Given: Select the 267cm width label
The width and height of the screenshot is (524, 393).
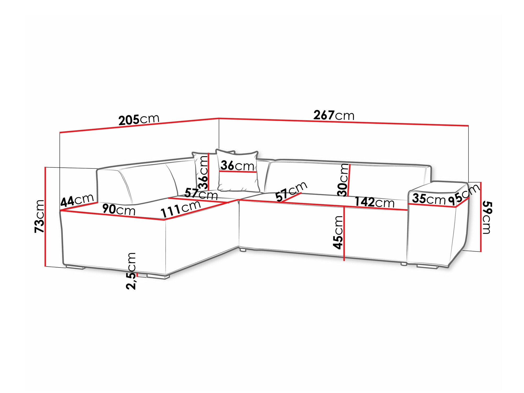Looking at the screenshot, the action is pyautogui.click(x=334, y=115).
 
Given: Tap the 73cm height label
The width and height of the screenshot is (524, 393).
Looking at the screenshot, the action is pyautogui.click(x=40, y=216).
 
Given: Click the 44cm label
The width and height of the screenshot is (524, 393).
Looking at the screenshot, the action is pyautogui.click(x=77, y=200).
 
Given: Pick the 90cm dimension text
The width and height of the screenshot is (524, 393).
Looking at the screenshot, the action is pyautogui.click(x=119, y=209).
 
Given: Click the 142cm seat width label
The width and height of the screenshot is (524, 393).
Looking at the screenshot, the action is pyautogui.click(x=374, y=202).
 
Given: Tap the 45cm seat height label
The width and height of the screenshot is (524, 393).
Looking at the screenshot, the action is pyautogui.click(x=338, y=232).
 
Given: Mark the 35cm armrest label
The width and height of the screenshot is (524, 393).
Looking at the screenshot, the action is pyautogui.click(x=429, y=199).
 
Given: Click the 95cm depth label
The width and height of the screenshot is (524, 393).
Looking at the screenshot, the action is pyautogui.click(x=464, y=195).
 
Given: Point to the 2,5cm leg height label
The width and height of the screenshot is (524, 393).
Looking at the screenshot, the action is pyautogui.click(x=131, y=271).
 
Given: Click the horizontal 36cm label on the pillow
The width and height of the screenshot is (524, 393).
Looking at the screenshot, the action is pyautogui.click(x=237, y=166).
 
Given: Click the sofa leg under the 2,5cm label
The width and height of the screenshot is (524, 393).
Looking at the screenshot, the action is pyautogui.click(x=158, y=276).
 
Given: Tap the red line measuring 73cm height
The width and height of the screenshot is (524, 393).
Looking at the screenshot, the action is pyautogui.click(x=45, y=217).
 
